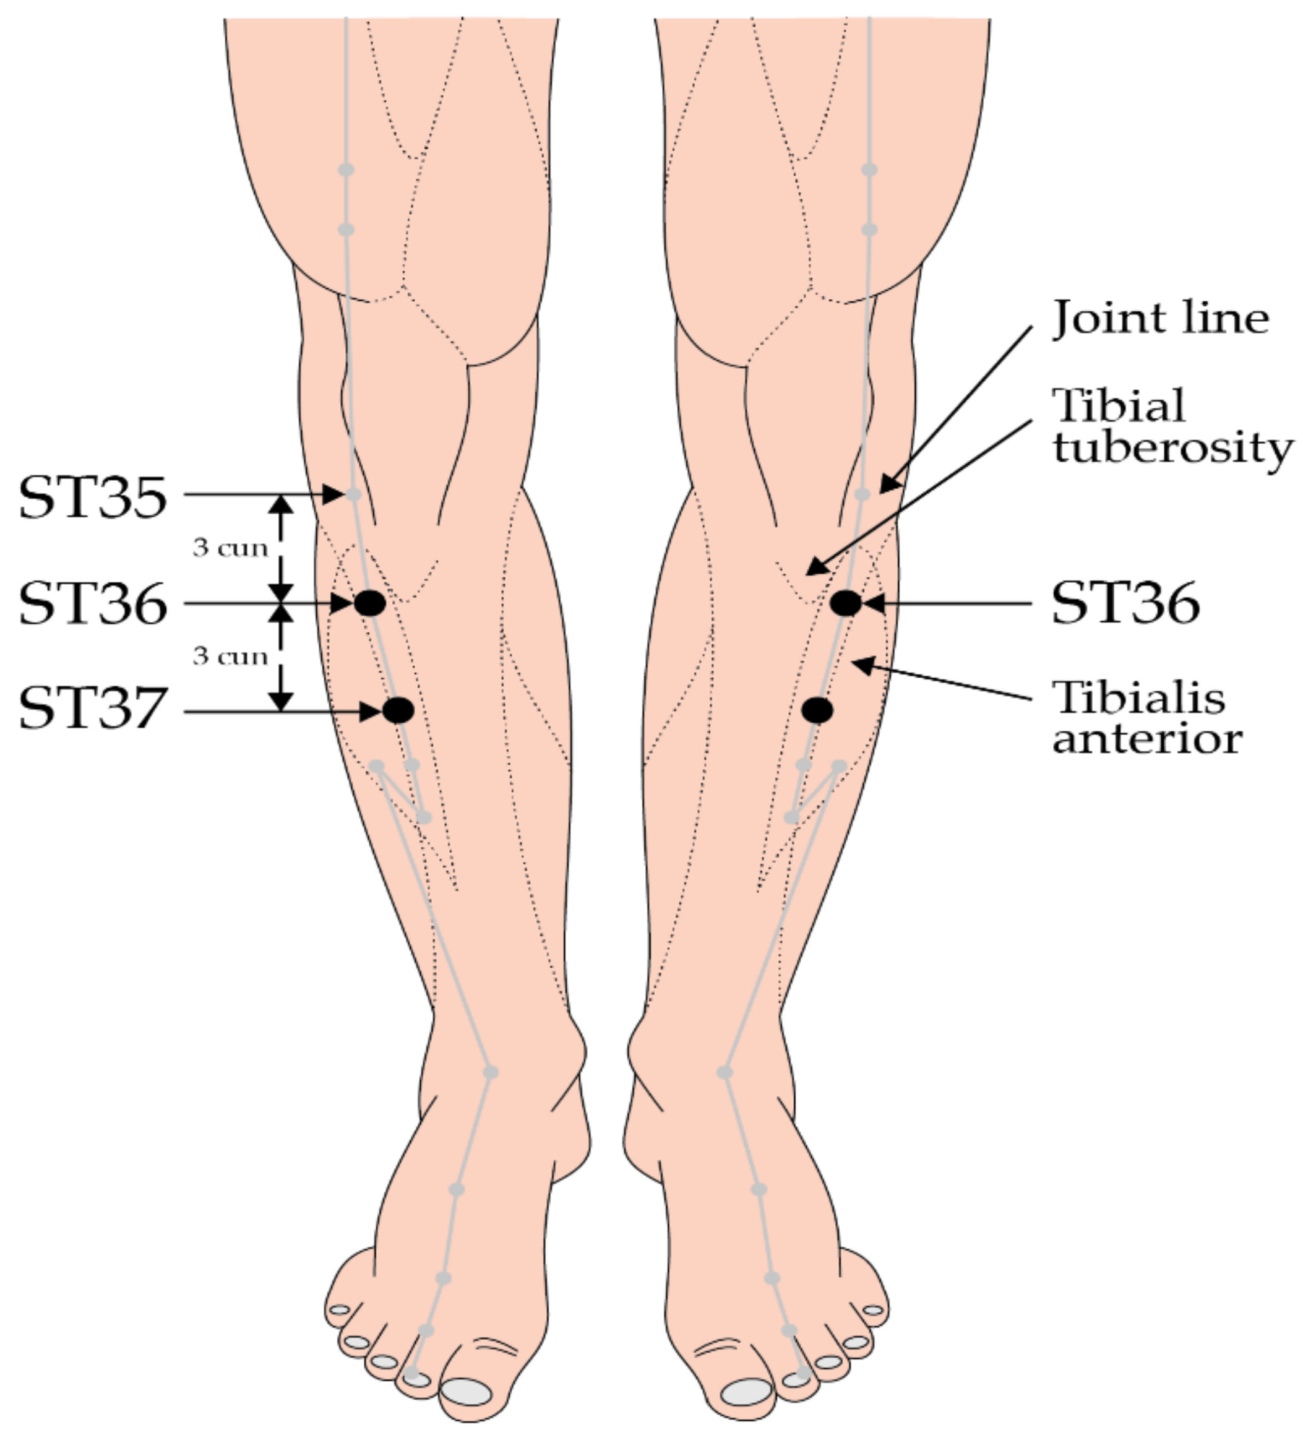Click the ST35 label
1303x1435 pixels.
click(x=93, y=496)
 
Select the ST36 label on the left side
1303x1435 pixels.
click(x=93, y=603)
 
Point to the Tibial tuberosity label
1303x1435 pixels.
click(x=1171, y=427)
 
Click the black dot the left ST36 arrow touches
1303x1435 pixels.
click(x=370, y=603)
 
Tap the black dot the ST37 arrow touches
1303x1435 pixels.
click(x=398, y=710)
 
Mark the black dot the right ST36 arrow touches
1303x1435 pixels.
click(x=845, y=603)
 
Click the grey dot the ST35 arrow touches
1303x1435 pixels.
click(x=352, y=494)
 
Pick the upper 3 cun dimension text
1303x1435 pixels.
click(x=231, y=548)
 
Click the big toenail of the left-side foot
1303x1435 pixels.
click(x=466, y=1391)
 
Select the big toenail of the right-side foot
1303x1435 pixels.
click(x=746, y=1391)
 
